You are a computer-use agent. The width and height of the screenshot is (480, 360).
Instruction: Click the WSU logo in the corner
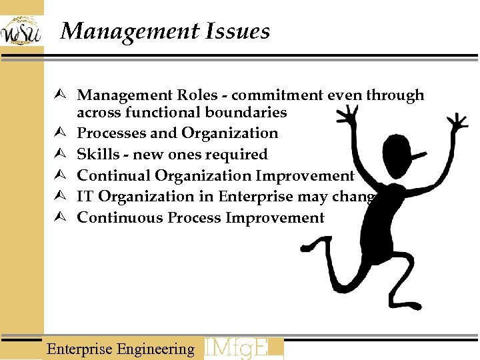(x=21, y=31)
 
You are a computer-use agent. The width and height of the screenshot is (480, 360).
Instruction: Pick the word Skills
(x=94, y=155)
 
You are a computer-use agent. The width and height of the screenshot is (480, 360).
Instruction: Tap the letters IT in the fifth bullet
(x=84, y=197)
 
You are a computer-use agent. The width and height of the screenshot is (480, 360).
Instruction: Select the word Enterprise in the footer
(x=79, y=349)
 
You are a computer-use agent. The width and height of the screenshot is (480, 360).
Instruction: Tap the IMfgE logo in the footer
(x=243, y=348)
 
